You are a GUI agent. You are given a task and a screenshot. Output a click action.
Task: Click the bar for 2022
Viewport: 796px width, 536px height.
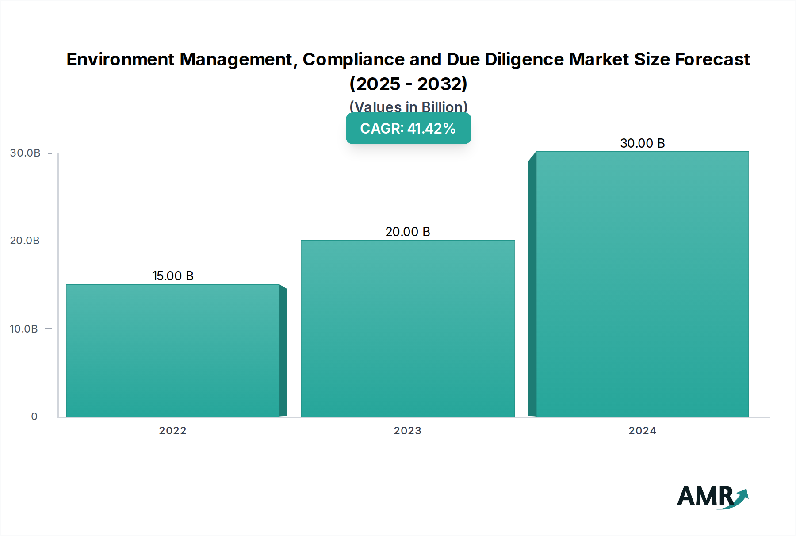173,350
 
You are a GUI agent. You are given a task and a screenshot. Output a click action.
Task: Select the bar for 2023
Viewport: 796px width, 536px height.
408,328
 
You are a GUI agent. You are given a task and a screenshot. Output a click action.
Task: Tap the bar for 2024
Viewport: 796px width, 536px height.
642,284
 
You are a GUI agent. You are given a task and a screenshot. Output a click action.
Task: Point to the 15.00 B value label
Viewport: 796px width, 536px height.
173,276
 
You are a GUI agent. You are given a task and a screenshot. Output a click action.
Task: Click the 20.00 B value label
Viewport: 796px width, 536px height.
408,232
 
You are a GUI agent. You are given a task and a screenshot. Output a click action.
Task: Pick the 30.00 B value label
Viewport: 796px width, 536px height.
643,143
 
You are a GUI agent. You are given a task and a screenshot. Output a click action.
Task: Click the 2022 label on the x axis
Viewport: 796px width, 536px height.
173,431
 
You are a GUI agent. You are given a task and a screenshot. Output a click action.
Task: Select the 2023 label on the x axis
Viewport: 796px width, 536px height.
408,431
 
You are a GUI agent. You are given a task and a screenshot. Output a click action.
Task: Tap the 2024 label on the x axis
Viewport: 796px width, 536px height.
643,431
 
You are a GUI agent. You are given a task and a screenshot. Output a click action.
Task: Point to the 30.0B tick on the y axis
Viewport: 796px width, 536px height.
25,153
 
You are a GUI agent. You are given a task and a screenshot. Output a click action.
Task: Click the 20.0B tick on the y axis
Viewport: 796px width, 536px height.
25,241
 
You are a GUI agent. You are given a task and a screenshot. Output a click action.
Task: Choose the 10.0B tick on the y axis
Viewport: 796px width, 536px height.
24,329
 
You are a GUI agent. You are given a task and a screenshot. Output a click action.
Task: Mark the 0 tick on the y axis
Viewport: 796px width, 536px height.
34,417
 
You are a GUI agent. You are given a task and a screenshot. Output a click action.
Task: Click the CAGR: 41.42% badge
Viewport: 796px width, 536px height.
408,128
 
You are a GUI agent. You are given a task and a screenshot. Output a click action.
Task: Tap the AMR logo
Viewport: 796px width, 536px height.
712,497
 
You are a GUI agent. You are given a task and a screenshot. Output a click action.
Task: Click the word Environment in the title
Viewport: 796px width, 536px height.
121,59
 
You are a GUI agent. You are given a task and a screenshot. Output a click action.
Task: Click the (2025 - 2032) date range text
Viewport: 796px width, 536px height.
408,84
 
